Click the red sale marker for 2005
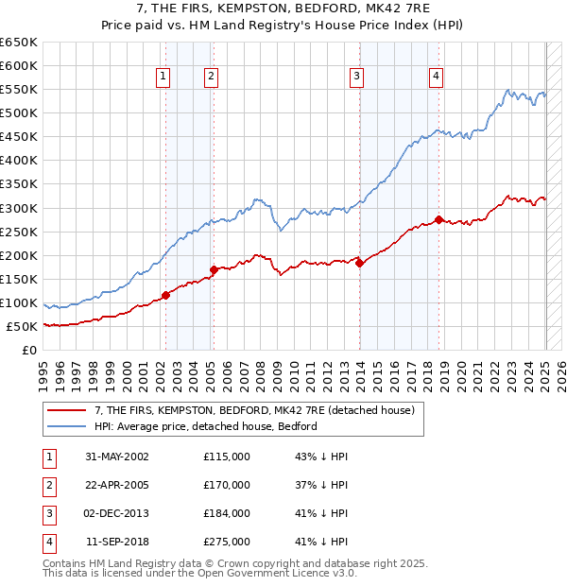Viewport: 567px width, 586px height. point(213,269)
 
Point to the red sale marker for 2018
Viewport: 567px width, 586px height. point(438,219)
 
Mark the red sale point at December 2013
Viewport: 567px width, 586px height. point(359,263)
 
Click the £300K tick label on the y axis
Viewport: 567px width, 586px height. point(18,208)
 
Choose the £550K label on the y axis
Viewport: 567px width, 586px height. point(18,89)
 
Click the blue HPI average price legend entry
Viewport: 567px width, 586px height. point(205,426)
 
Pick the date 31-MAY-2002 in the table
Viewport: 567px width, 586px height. point(117,457)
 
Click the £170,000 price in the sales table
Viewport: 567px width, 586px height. point(227,486)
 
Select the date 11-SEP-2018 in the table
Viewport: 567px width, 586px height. point(117,543)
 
